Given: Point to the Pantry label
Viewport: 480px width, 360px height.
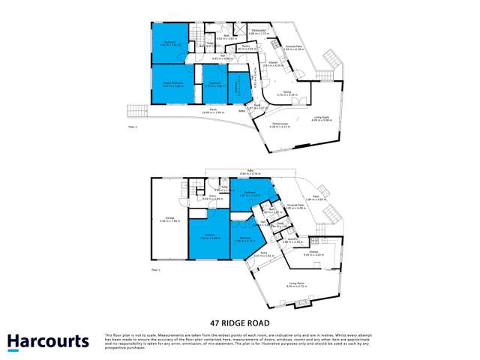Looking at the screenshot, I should pyautogui.click(x=244, y=46).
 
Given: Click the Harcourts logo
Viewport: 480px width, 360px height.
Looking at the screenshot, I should pyautogui.click(x=46, y=342).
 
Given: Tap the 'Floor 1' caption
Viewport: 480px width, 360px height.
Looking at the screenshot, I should pyautogui.click(x=156, y=268).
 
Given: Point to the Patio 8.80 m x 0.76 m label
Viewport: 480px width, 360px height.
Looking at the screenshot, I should pyautogui.click(x=240, y=172).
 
